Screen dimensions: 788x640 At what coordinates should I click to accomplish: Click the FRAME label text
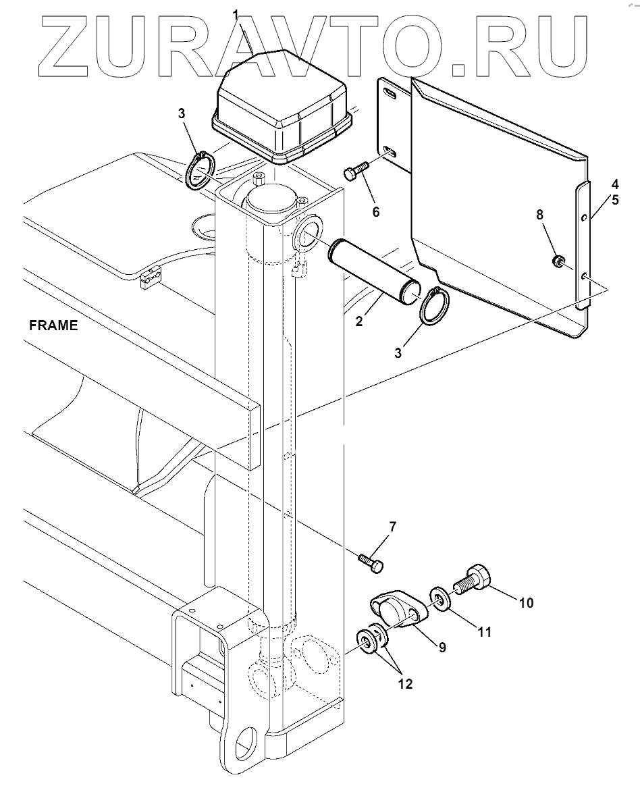click(x=53, y=325)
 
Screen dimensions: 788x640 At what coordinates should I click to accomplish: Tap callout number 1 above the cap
click(x=236, y=14)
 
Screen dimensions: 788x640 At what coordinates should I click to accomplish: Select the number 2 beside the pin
click(x=359, y=322)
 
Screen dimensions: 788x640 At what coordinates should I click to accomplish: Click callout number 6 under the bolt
click(x=375, y=212)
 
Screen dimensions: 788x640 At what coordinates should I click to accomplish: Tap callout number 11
click(x=483, y=633)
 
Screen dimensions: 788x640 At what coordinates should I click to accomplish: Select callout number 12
click(x=405, y=684)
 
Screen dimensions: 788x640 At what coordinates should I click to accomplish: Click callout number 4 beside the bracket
click(x=614, y=184)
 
